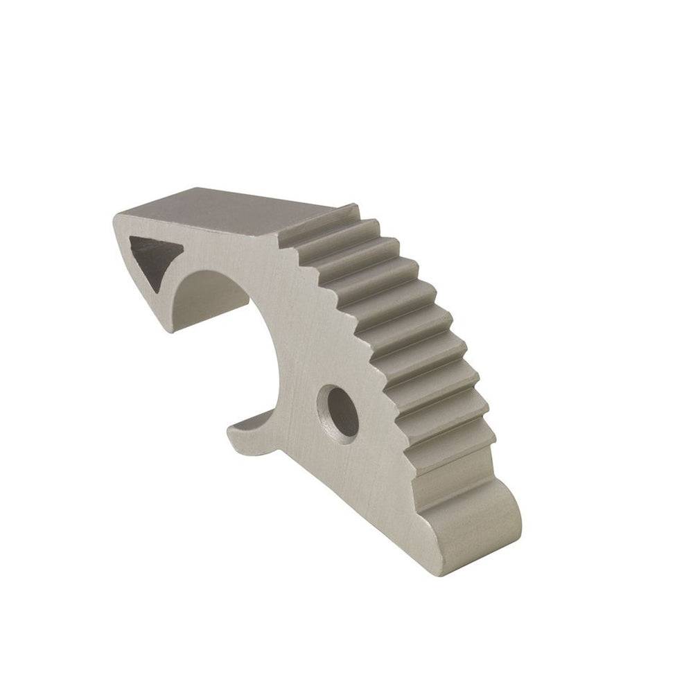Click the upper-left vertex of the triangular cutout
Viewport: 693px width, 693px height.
point(131,238)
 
